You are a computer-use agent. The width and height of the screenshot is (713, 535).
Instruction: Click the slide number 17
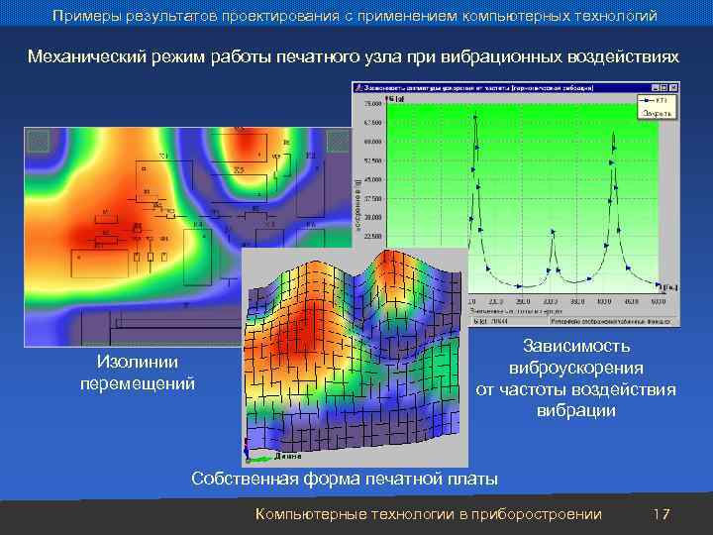[662, 514]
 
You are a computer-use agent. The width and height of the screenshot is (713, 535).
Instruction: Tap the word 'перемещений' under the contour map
[138, 382]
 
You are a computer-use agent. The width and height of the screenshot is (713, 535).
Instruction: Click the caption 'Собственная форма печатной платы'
[344, 480]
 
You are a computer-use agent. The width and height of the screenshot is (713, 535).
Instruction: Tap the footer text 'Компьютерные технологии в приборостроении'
[428, 514]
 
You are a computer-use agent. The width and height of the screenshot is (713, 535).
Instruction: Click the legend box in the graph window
[655, 107]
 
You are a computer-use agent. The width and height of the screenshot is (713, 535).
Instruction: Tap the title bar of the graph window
[495, 89]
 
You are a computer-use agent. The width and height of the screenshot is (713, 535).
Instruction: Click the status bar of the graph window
[515, 321]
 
